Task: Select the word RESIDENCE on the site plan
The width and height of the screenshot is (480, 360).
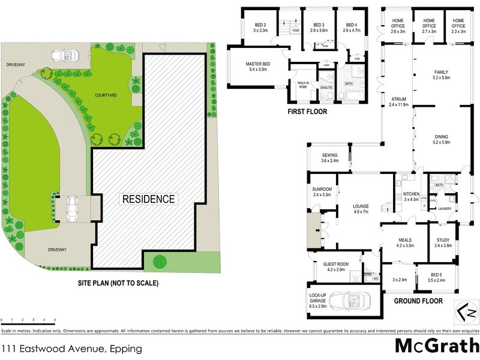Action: click(x=149, y=199)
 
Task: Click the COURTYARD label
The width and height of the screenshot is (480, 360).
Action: click(x=105, y=95)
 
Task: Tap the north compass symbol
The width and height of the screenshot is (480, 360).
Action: click(x=466, y=311)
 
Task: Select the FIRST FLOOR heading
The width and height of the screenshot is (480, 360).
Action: click(x=307, y=112)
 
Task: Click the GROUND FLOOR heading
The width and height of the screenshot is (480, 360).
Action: click(x=418, y=301)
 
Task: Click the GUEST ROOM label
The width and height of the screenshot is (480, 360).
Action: click(x=336, y=266)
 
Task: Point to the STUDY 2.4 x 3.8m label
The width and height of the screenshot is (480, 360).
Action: click(x=443, y=242)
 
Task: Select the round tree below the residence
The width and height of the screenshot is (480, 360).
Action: click(x=160, y=262)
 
